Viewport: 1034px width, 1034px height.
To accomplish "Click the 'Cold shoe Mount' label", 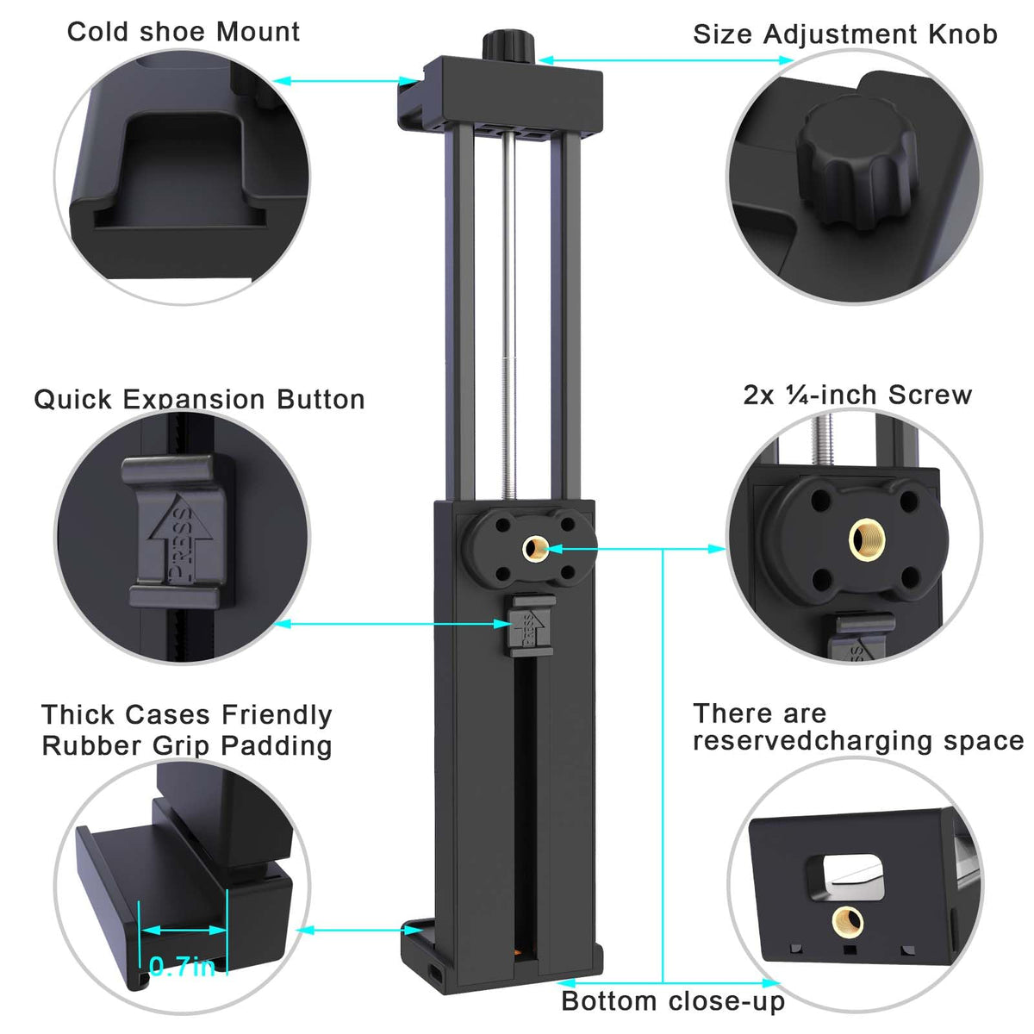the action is point(183,32).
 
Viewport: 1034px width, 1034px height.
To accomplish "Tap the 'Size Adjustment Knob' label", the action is point(845,34).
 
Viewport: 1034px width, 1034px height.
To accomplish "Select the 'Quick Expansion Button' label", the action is point(199,400).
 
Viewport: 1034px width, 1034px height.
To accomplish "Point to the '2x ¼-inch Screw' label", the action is point(856,395).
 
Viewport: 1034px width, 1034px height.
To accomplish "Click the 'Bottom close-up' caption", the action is point(673,1001).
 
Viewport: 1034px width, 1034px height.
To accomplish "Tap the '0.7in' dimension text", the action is point(183,967).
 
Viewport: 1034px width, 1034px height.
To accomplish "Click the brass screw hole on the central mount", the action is point(535,548).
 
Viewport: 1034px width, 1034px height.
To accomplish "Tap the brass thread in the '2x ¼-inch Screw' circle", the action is point(868,539).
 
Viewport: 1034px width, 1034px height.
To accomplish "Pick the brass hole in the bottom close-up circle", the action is point(847,922).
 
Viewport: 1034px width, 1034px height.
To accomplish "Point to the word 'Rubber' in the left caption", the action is point(90,745).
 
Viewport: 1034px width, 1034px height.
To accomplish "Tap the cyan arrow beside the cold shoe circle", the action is point(345,81).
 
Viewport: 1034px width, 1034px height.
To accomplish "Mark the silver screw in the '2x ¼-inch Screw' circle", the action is point(822,441).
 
